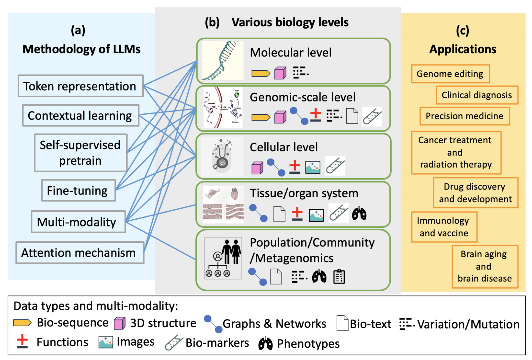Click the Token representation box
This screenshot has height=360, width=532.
[80, 86]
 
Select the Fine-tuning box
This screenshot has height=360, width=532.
[78, 190]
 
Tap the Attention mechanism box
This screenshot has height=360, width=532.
[80, 253]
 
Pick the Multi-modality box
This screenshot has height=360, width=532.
[78, 222]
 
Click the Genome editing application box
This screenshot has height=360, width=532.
[450, 74]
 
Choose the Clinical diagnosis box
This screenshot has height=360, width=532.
[477, 95]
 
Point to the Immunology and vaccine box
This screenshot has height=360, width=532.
[444, 227]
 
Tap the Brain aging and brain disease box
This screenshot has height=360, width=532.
[484, 266]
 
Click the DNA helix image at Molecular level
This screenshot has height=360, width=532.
[223, 60]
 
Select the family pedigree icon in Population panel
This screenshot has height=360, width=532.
[223, 258]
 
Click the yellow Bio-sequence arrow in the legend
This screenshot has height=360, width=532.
[22, 323]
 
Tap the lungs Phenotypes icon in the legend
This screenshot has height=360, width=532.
[266, 343]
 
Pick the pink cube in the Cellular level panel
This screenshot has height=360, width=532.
[257, 168]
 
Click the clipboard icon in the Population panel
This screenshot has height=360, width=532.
[339, 277]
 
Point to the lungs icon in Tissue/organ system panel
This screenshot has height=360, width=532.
[359, 214]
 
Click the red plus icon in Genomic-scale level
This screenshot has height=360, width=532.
[315, 115]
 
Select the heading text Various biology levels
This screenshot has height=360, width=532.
[290, 22]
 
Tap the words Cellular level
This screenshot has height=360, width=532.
[284, 147]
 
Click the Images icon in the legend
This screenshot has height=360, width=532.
[106, 342]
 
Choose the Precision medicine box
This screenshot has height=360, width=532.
[464, 116]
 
